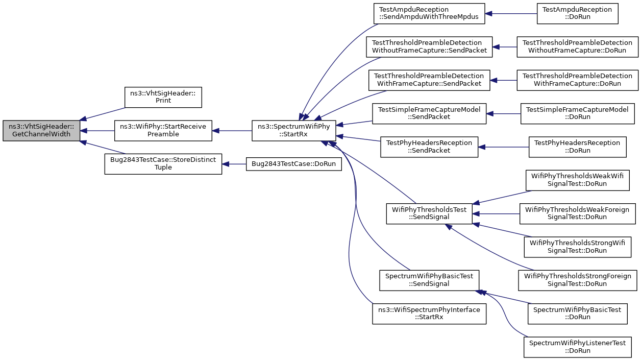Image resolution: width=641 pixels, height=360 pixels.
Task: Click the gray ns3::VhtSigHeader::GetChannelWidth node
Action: (41, 131)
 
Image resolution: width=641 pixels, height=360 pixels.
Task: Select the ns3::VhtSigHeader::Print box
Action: (163, 98)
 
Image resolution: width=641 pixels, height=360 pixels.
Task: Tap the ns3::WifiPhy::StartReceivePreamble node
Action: (163, 131)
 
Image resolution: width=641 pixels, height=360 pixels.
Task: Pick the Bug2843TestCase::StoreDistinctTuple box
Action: (163, 164)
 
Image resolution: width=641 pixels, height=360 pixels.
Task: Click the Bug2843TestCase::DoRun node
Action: (293, 164)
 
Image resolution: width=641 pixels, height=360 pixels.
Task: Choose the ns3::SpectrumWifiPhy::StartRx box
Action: (293, 131)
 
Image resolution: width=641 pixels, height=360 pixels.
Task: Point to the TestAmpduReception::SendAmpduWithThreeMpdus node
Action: (429, 13)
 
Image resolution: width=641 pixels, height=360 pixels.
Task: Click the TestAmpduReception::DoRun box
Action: (578, 13)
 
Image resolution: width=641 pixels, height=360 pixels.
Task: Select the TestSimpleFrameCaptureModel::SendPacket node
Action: (429, 114)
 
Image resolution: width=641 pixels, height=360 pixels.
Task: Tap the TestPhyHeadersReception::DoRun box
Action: (578, 147)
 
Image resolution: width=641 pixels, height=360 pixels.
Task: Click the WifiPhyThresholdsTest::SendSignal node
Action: (429, 213)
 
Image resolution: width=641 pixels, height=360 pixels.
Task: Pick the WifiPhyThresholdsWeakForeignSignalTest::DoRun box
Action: (578, 213)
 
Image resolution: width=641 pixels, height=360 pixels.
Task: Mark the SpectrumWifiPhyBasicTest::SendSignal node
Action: (429, 280)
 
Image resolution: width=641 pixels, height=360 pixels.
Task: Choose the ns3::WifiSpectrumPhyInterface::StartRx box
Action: (429, 314)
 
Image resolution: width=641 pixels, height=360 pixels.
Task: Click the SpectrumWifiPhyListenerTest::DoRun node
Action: (578, 347)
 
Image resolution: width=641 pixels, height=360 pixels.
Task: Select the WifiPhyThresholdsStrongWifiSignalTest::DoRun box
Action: (578, 247)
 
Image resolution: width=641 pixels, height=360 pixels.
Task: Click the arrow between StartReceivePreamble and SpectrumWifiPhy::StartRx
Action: (232, 131)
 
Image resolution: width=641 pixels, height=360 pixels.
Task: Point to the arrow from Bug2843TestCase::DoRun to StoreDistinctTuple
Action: (234, 164)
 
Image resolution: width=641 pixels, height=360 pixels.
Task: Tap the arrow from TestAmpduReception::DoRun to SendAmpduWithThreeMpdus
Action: (511, 13)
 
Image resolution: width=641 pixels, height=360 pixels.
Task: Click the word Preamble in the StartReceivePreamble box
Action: (163, 134)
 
